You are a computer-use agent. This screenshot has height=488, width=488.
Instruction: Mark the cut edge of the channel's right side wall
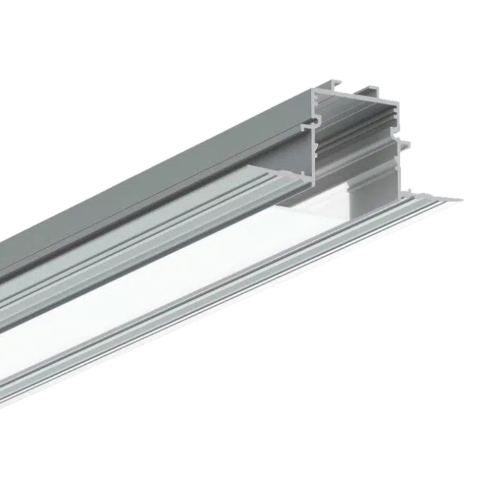[398, 161]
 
